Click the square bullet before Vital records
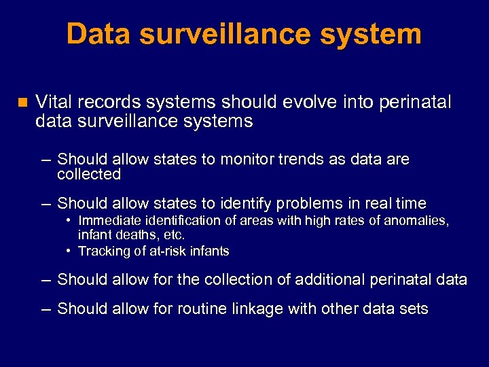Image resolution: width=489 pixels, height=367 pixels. coord(21,103)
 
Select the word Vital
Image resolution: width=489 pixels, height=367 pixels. coord(54,102)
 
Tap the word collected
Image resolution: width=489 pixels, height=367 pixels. coord(89,175)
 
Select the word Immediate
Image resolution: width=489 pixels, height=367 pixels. coord(109,220)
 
